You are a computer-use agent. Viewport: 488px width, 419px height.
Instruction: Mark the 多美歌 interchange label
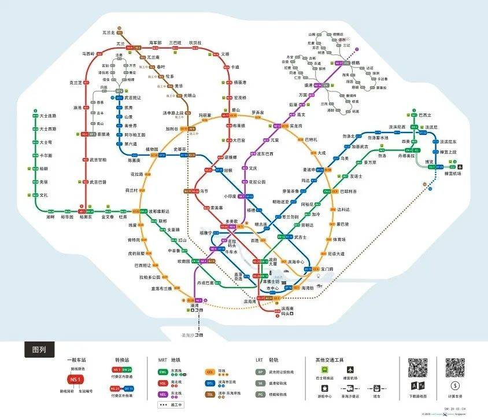coord(231,221)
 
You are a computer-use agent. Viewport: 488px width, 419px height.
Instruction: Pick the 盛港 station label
coord(305,85)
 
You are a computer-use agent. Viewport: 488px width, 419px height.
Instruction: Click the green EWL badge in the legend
coord(164,372)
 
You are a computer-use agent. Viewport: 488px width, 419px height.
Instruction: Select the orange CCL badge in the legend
coord(212,372)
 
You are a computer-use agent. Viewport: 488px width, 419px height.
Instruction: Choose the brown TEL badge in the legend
coord(212,394)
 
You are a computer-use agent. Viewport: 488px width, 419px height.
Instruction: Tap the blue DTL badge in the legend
coord(212,383)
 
